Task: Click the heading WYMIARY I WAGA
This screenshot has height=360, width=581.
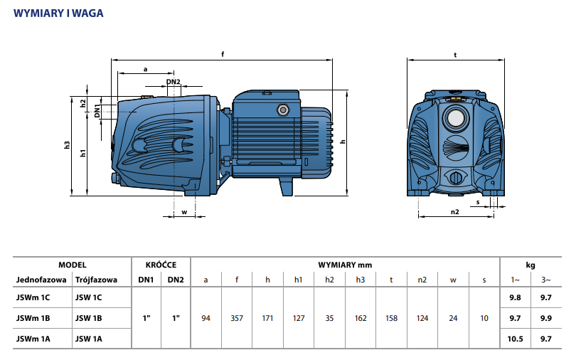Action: coord(59,12)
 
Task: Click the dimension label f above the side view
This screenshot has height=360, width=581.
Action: coord(223,54)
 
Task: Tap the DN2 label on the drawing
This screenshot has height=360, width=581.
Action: coord(174,83)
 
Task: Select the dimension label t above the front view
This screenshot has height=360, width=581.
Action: coord(454,54)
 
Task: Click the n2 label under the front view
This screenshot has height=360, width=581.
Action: coord(455,211)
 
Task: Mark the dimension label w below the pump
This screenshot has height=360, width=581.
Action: coord(184,211)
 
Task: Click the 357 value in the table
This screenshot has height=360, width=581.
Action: coord(237,318)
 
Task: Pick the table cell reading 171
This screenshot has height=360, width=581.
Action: coord(267,318)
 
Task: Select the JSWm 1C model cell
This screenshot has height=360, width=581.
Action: coord(34,297)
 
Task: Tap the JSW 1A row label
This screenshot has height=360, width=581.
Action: coord(89,339)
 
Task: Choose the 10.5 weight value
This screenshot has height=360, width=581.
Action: coord(516,339)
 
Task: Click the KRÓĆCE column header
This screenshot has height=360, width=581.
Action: coord(161,264)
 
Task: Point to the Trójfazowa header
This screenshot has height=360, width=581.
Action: coord(96,280)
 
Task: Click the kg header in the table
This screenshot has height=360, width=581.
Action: coord(531,264)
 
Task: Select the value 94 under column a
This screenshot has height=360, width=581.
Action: coord(206,318)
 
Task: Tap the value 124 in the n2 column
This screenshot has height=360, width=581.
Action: coord(422,318)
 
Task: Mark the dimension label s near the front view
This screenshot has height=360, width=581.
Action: coord(478,202)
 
